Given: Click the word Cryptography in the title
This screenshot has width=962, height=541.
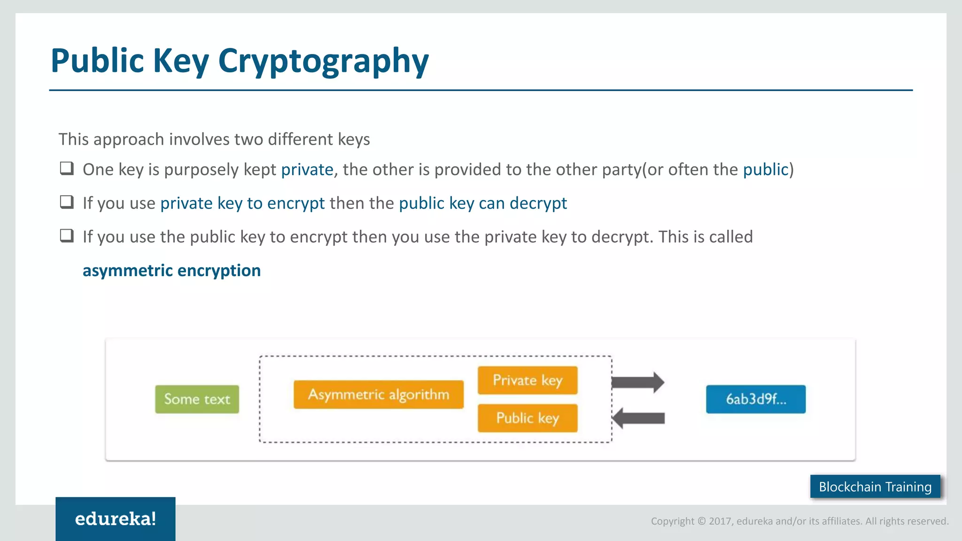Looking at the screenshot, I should (x=323, y=61).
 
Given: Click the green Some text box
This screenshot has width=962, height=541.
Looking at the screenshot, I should (x=197, y=399).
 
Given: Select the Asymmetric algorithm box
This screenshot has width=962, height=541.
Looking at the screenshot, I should (x=379, y=394).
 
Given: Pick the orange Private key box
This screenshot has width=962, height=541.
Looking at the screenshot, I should (x=528, y=380).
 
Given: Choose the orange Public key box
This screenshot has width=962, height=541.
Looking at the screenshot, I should (x=528, y=418).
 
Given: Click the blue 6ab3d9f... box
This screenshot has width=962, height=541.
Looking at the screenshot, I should (x=756, y=399).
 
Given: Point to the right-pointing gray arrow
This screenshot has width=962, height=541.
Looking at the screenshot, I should (x=638, y=382).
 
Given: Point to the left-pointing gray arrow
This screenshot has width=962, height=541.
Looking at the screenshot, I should (x=639, y=418).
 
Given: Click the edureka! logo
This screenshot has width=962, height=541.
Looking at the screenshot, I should (x=116, y=519).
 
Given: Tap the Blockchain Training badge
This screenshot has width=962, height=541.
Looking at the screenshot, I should (x=875, y=487).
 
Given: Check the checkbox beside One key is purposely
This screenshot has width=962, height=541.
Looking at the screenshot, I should (x=67, y=168).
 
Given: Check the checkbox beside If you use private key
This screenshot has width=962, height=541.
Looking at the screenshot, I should (x=67, y=202).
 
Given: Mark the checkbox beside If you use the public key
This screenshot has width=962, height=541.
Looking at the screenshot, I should (x=67, y=235).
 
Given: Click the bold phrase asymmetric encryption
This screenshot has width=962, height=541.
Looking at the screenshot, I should (x=171, y=271).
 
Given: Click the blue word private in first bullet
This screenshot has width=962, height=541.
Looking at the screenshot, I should (x=307, y=170).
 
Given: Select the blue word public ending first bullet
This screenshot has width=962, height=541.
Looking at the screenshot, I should (x=766, y=170).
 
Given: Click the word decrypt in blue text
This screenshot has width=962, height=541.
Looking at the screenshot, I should (x=538, y=203).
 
